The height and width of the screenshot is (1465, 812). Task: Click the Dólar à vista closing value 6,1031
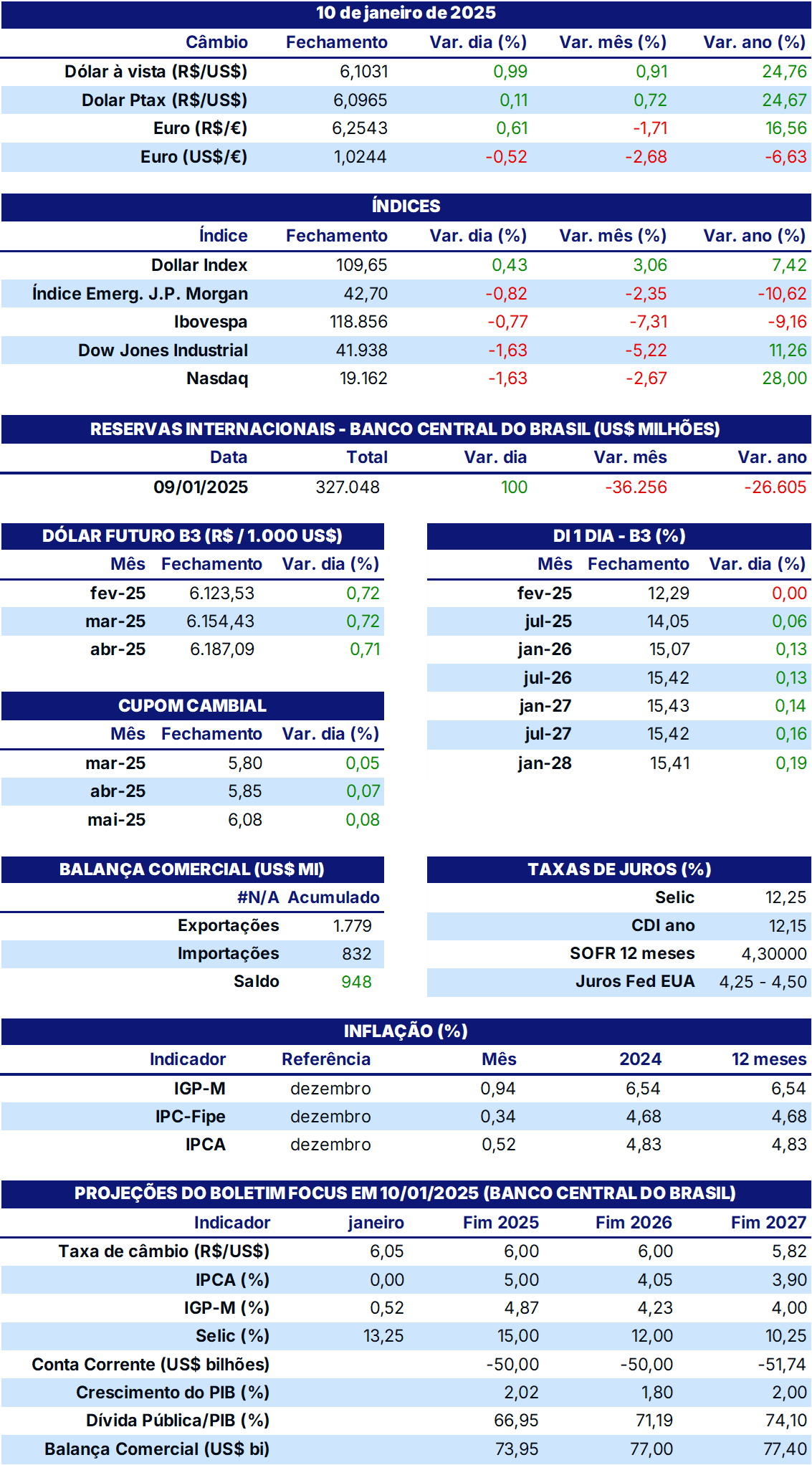(364, 72)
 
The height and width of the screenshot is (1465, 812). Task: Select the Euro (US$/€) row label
(194, 157)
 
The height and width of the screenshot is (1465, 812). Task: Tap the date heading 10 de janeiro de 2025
(406, 13)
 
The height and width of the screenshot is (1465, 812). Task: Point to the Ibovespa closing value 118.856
(358, 322)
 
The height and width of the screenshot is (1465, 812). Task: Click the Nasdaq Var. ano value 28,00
(785, 378)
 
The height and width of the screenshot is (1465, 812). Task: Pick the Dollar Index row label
(199, 265)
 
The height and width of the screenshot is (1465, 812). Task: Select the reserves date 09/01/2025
(201, 487)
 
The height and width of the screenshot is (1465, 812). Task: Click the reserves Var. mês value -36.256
(636, 487)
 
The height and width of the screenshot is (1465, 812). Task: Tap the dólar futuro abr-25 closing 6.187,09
(222, 649)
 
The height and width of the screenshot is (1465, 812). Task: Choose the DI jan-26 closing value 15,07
(669, 649)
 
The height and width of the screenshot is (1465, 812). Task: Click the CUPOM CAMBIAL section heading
(192, 706)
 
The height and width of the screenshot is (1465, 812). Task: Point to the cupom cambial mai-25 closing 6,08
(245, 820)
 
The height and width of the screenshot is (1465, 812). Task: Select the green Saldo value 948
(356, 982)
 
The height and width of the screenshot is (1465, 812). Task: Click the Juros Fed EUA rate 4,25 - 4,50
(763, 982)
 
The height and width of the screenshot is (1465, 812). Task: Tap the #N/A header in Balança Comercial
(258, 897)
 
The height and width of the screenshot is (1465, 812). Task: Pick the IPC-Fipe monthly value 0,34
(498, 1117)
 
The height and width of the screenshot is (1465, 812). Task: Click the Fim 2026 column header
(634, 1223)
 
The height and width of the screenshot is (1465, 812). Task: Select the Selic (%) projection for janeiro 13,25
(383, 1336)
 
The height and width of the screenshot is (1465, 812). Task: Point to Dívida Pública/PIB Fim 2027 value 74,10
(785, 1421)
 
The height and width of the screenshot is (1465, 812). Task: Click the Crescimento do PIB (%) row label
(173, 1393)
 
